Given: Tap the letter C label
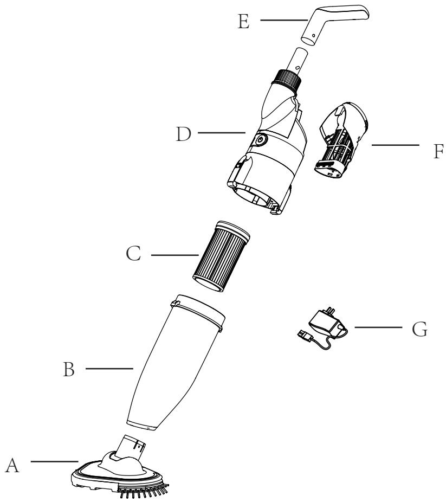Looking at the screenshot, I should coord(134,255).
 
